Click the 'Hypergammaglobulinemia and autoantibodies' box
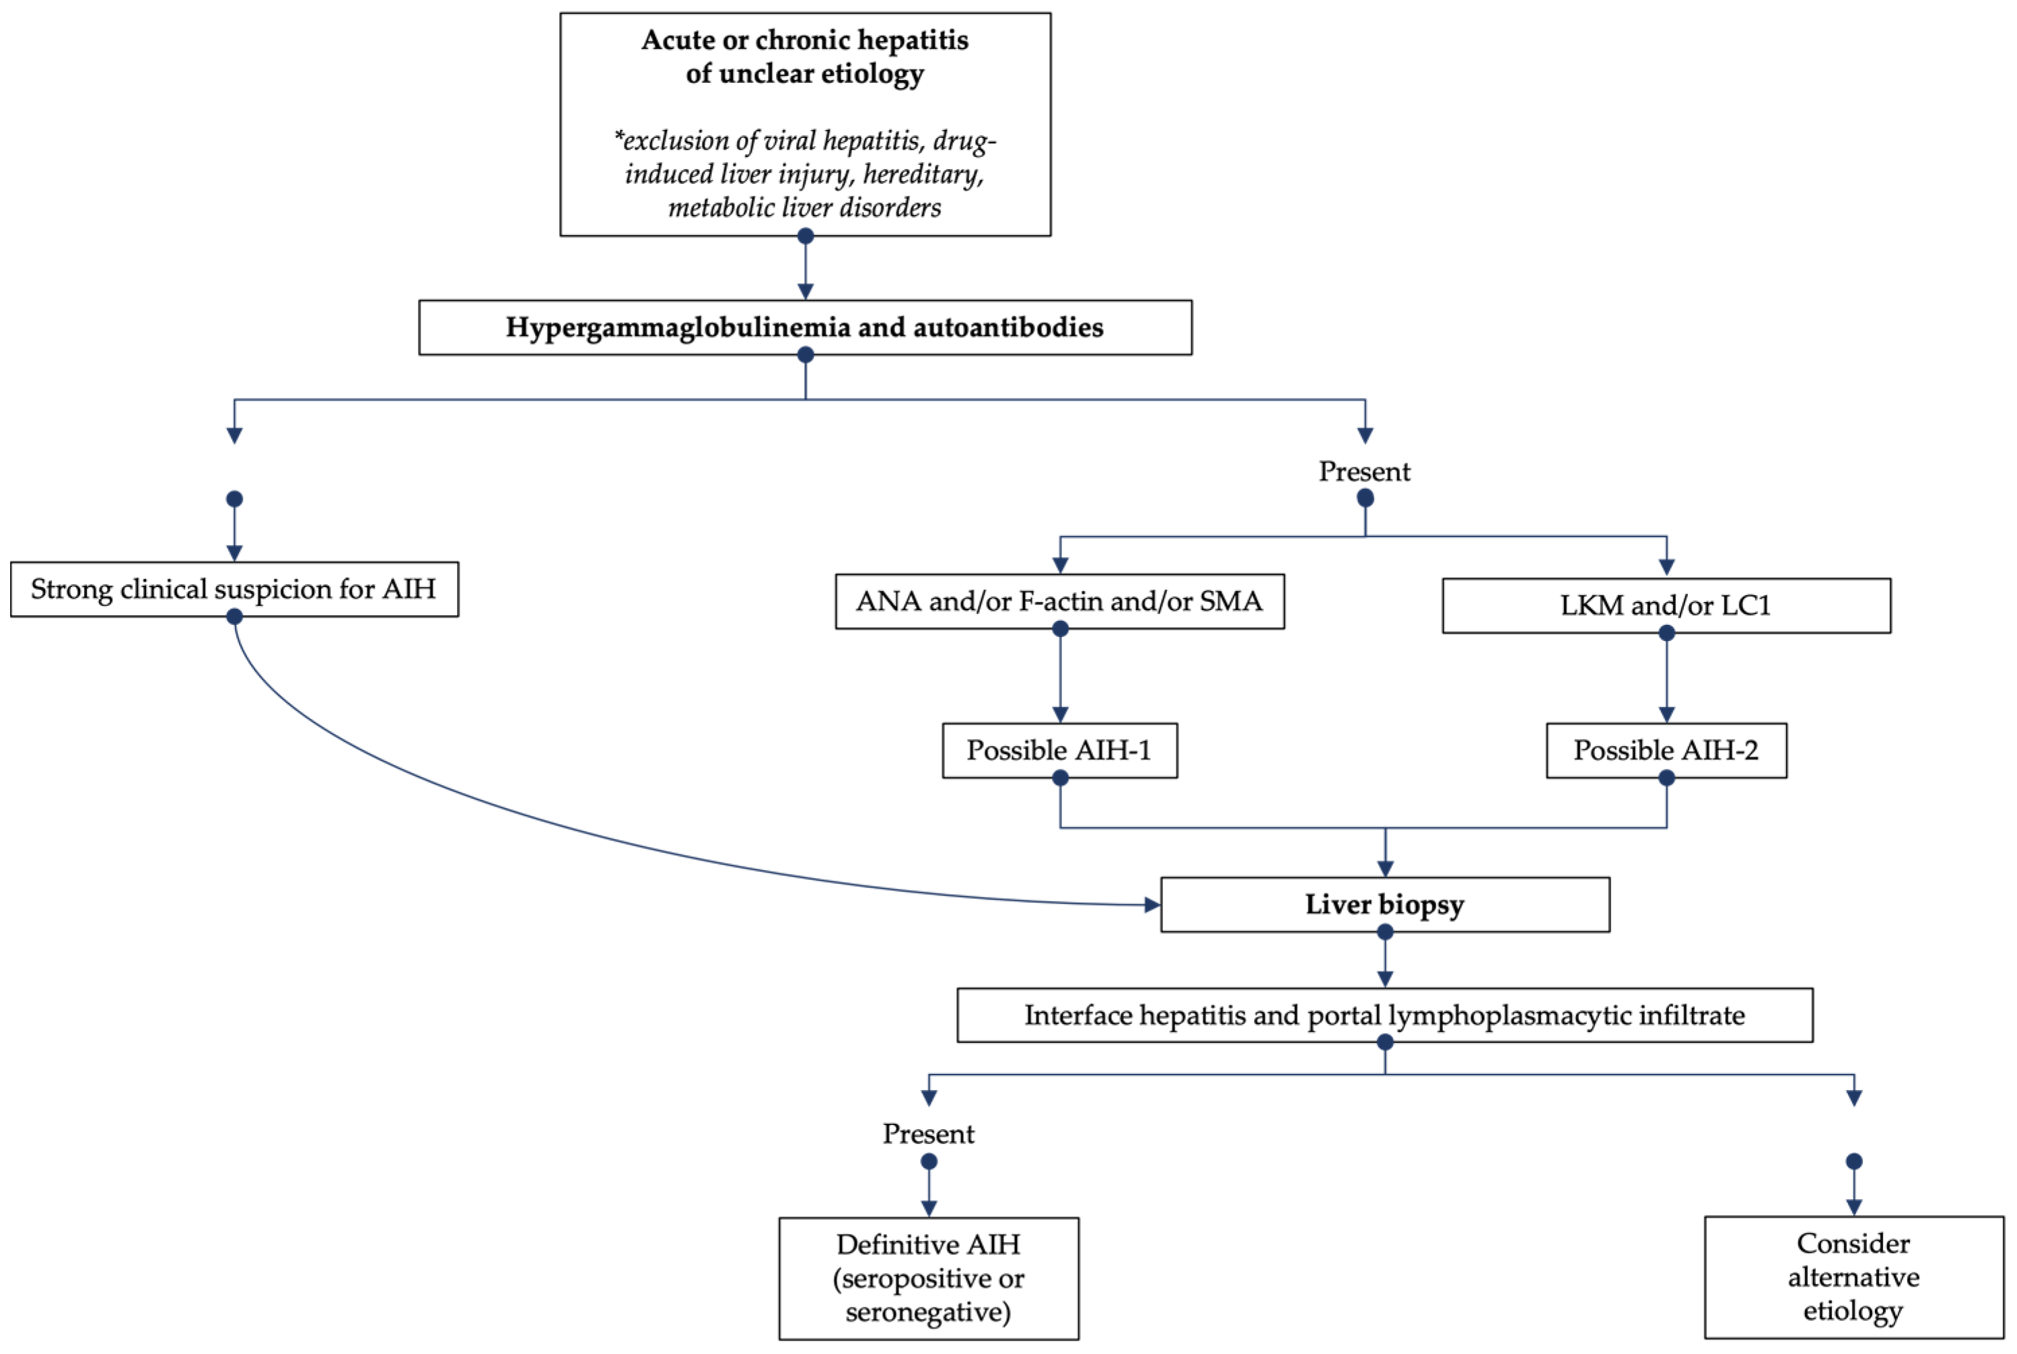[804, 327]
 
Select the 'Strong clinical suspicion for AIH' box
[234, 589]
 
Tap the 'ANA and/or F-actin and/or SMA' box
[1059, 601]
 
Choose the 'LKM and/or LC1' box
[1666, 605]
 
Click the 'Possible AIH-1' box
[1059, 749]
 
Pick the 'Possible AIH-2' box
[1666, 749]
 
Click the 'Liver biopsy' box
[1384, 904]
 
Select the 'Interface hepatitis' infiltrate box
[1384, 1015]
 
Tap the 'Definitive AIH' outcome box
[928, 1278]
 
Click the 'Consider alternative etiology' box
[1853, 1277]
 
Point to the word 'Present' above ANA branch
[1364, 471]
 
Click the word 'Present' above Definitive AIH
[928, 1134]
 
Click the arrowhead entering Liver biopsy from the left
[1152, 905]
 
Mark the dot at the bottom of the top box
[805, 236]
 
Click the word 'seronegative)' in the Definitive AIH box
[928, 1312]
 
